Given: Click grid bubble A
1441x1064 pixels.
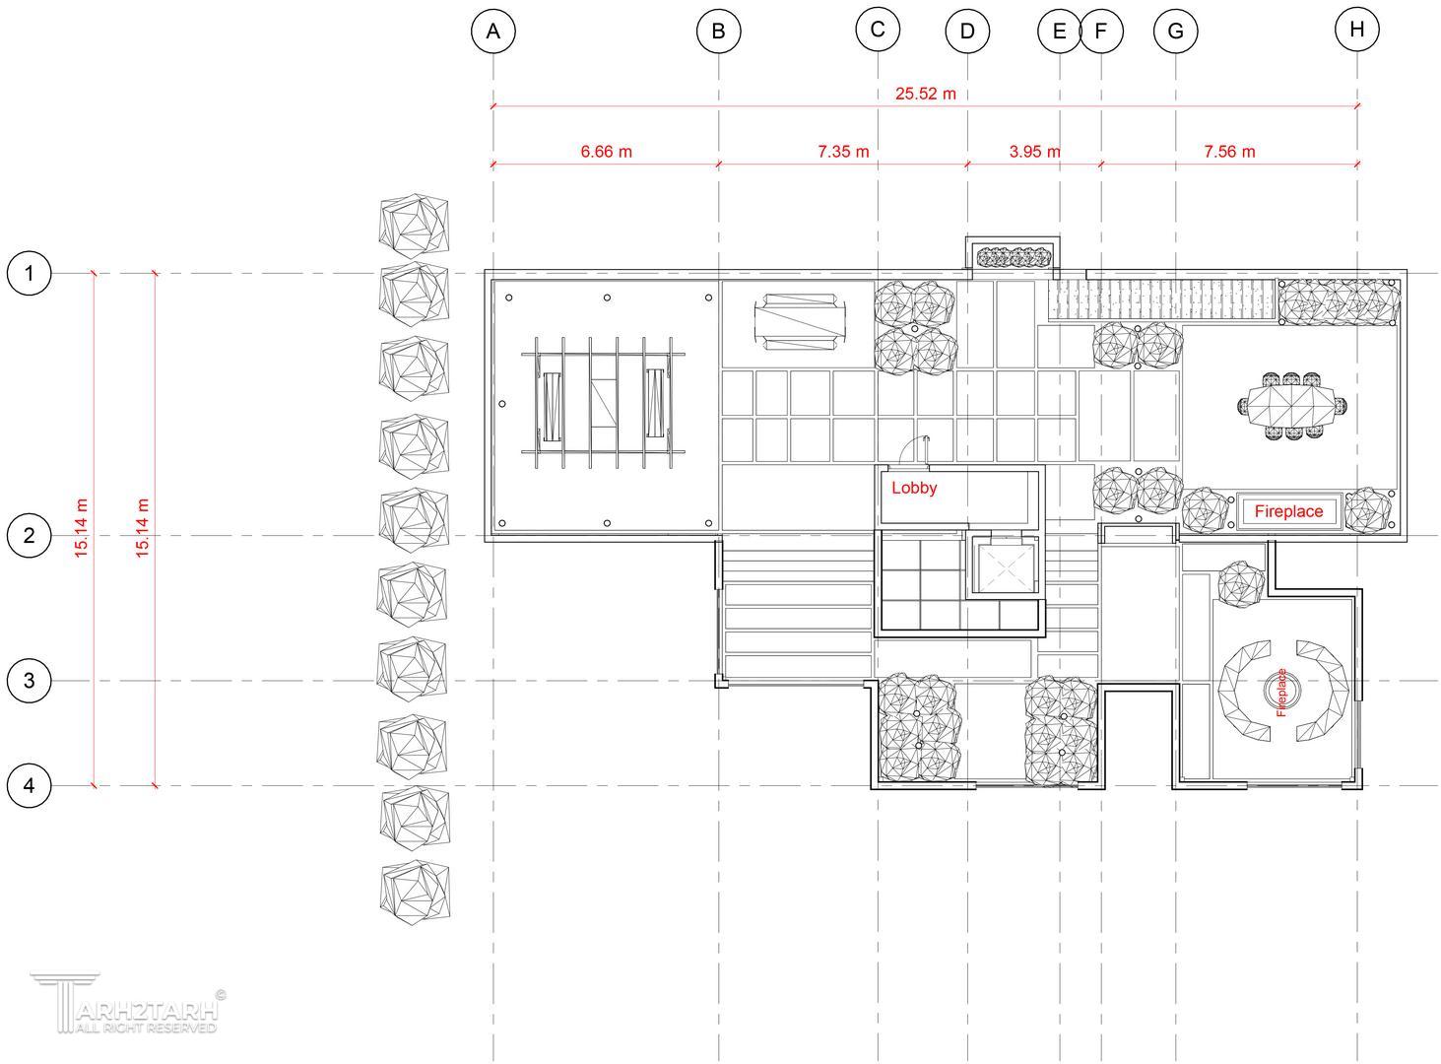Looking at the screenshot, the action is pyautogui.click(x=493, y=31).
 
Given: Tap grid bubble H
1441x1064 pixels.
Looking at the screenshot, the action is pyautogui.click(x=1356, y=30).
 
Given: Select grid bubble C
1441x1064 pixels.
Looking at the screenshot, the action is pyautogui.click(x=878, y=30).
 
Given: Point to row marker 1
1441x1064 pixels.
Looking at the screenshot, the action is pyautogui.click(x=30, y=273).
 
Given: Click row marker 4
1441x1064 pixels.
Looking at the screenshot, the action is pyautogui.click(x=30, y=785).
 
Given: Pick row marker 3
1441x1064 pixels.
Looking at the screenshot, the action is pyautogui.click(x=30, y=681).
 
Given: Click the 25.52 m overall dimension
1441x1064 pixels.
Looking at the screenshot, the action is pyautogui.click(x=925, y=94).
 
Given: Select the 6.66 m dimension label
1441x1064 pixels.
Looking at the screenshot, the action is pyautogui.click(x=606, y=152).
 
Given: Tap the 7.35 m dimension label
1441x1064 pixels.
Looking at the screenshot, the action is pyautogui.click(x=843, y=152).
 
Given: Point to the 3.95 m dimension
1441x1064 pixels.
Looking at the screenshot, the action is pyautogui.click(x=1034, y=152).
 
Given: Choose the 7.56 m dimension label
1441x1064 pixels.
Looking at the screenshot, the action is pyautogui.click(x=1230, y=152).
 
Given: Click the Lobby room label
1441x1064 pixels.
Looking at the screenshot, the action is pyautogui.click(x=914, y=488).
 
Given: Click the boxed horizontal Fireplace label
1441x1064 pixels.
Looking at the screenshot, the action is pyautogui.click(x=1288, y=511).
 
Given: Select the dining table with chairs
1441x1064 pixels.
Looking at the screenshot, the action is pyautogui.click(x=1291, y=406).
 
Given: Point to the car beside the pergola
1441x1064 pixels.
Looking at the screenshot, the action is pyautogui.click(x=800, y=322).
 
